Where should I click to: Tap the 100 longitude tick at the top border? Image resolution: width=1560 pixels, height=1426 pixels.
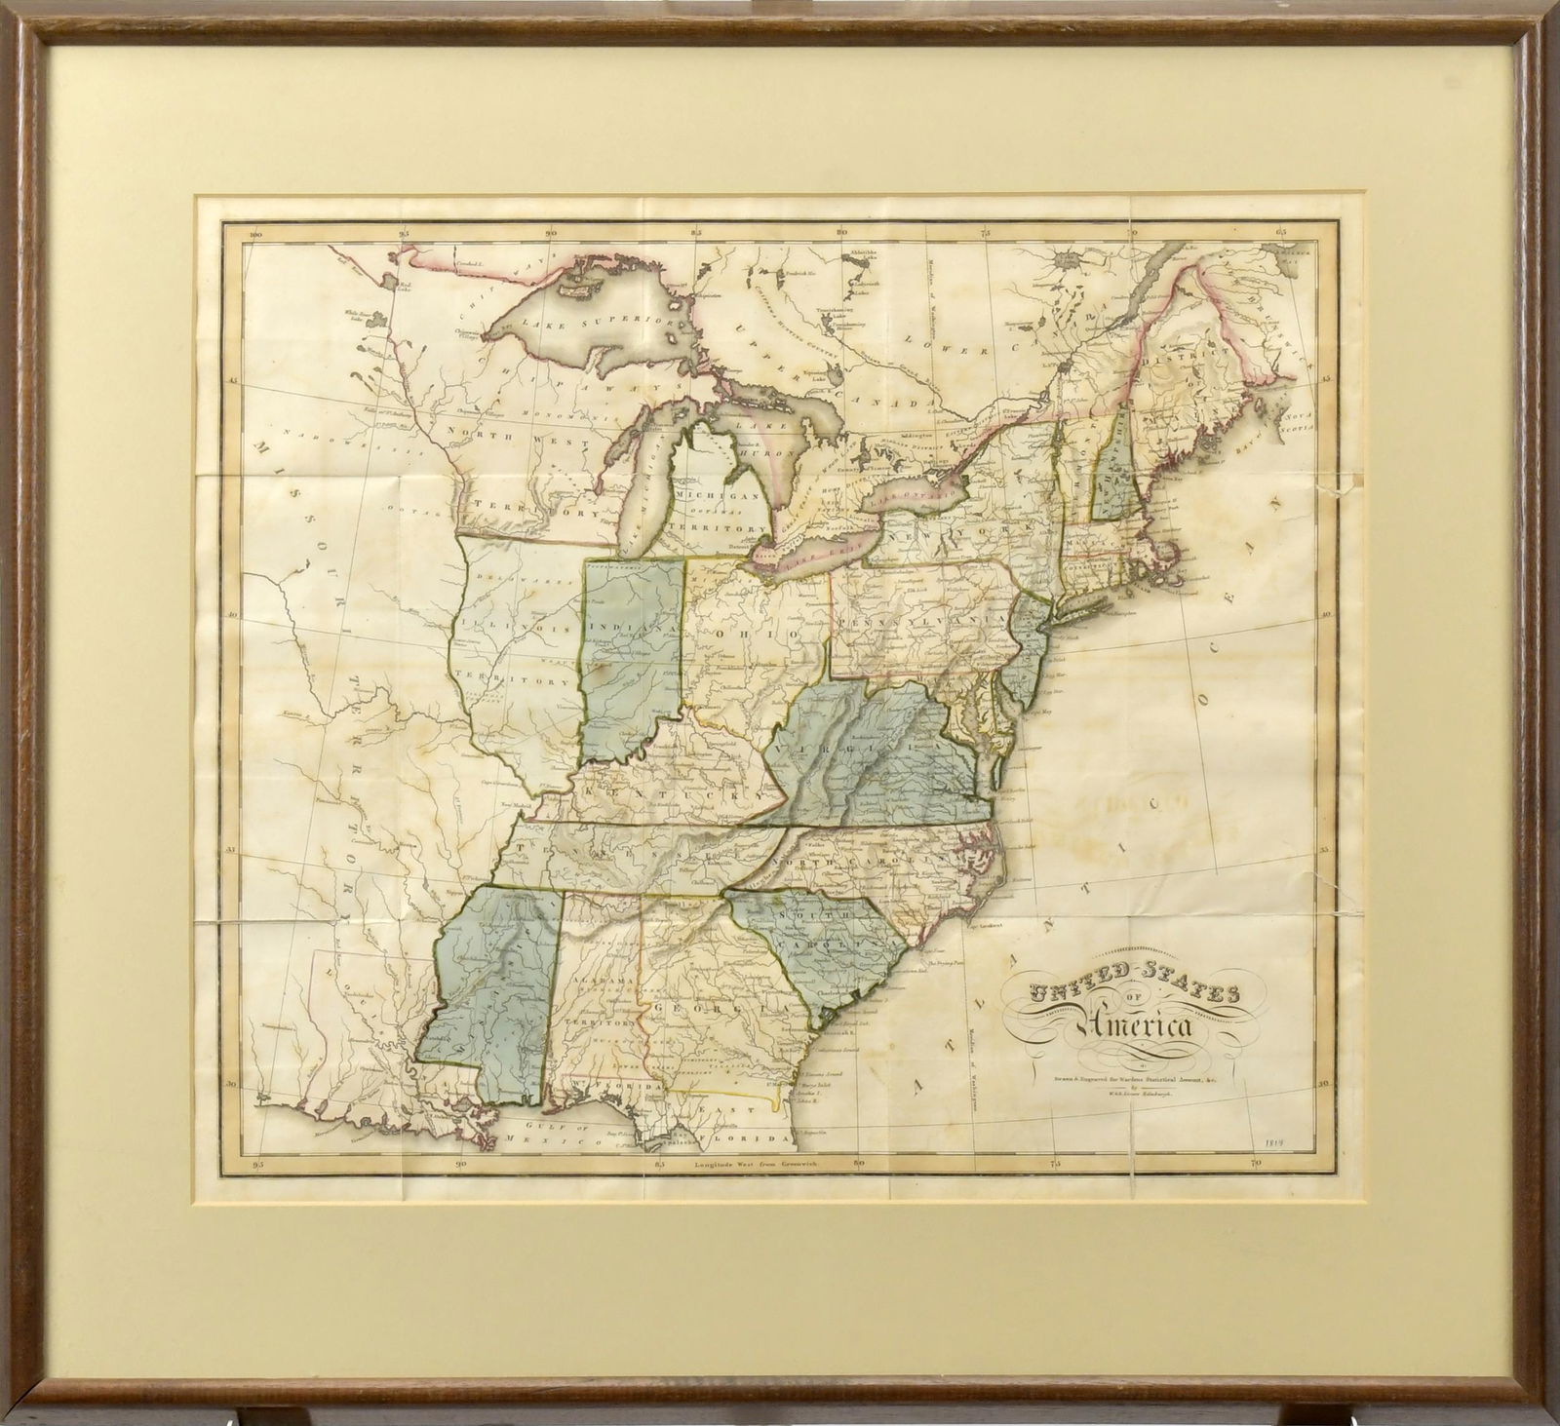pyautogui.click(x=256, y=234)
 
